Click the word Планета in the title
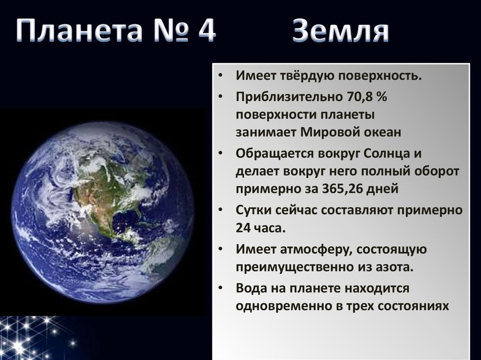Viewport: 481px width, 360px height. point(79,30)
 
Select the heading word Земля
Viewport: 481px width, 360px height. point(341,31)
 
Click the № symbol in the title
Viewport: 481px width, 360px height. point(170,30)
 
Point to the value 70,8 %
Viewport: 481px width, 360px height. point(367,97)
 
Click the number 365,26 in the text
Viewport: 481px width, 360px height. point(342,188)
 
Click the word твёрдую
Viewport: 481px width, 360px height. point(307,76)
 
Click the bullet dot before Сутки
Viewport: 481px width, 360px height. point(220,210)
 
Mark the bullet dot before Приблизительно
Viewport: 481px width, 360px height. point(220,97)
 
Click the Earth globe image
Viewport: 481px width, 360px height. point(103,212)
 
